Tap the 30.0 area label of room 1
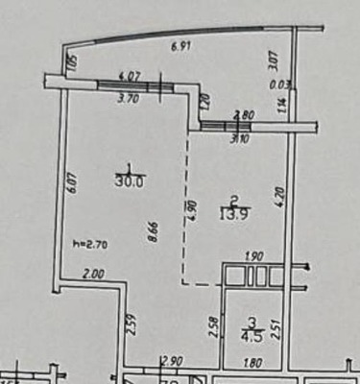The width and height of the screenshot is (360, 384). coord(124,180)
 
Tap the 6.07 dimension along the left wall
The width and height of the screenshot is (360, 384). coord(71,182)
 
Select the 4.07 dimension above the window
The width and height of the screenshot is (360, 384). coord(130,75)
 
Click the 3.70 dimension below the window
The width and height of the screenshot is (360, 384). coord(131,98)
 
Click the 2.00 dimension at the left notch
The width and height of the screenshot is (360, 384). coord(93,275)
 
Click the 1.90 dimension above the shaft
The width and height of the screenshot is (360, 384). coord(254,257)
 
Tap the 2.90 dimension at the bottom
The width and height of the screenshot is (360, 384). coord(172,361)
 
